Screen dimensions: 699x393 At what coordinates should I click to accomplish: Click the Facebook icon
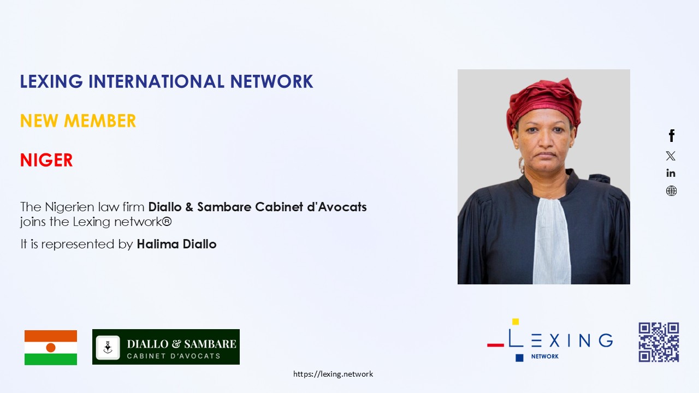(672, 135)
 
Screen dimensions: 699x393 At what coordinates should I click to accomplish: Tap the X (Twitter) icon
(671, 156)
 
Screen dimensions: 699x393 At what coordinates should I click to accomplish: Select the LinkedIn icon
(671, 173)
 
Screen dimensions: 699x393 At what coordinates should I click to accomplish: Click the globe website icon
(671, 190)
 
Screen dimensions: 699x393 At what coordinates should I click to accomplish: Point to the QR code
(659, 342)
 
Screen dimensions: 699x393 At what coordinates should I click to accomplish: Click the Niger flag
(51, 348)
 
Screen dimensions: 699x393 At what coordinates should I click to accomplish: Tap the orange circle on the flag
(51, 348)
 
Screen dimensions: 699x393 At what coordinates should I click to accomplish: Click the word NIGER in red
(46, 160)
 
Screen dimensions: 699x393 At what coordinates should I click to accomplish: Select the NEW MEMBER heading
(78, 121)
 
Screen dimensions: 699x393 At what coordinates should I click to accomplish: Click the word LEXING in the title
(51, 81)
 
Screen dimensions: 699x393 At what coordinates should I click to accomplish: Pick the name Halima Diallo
(176, 244)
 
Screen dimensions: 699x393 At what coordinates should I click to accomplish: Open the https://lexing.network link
(333, 374)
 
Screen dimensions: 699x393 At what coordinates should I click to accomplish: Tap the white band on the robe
(552, 240)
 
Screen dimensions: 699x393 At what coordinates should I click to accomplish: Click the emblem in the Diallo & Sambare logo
(108, 348)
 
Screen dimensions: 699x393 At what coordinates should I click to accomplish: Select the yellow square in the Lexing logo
(516, 321)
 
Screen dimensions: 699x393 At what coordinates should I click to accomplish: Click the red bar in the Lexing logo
(495, 345)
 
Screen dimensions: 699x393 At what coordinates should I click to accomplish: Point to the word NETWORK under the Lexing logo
(545, 356)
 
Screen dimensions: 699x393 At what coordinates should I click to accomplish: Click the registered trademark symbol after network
(167, 222)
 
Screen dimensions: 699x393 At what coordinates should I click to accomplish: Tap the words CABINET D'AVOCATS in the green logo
(174, 356)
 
